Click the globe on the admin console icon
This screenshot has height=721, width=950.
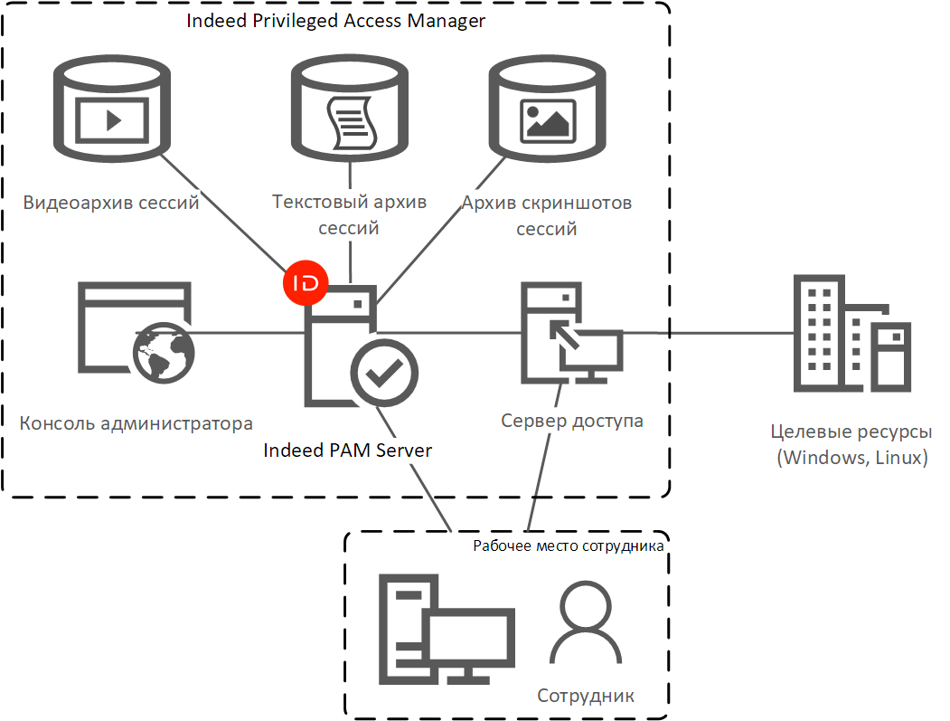tap(164, 354)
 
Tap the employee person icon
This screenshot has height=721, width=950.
tap(585, 623)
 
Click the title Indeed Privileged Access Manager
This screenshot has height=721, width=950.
tap(335, 21)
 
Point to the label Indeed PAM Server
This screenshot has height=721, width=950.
tap(347, 450)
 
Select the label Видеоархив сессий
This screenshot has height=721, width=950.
tap(111, 203)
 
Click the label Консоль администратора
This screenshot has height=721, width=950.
tap(136, 423)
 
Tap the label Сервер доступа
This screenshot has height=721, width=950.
tap(572, 421)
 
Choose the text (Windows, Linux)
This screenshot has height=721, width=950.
tap(852, 457)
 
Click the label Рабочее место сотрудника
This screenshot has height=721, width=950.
tap(569, 546)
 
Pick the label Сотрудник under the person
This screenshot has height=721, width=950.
tap(586, 696)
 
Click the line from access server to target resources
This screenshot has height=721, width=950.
tap(723, 333)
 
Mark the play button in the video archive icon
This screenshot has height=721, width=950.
tap(112, 119)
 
